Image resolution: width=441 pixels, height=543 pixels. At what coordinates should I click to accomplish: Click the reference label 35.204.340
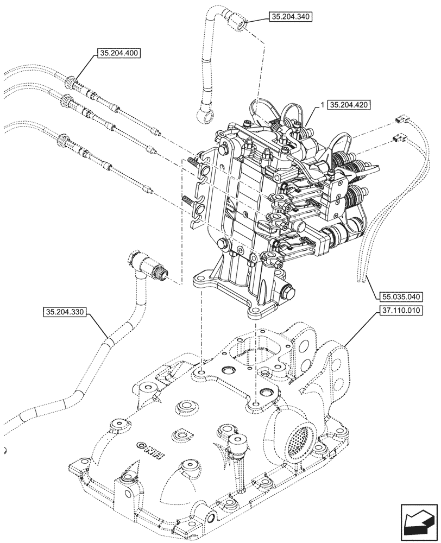click(290, 17)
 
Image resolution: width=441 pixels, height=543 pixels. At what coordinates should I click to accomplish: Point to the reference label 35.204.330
click(64, 312)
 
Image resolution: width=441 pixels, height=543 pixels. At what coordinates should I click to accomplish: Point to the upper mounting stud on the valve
click(194, 161)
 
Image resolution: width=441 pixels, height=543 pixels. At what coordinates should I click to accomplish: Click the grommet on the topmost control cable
click(71, 83)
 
